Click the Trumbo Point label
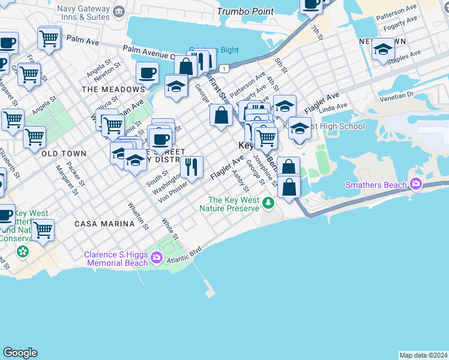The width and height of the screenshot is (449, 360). tap(245, 11)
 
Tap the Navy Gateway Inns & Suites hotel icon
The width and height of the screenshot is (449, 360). tap(118, 11)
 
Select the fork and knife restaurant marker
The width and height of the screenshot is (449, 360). tap(191, 167)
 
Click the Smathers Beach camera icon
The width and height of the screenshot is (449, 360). tap(415, 185)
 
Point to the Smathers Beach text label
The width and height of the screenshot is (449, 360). tap(376, 185)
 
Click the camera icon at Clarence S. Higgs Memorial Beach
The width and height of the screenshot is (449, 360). tap(157, 258)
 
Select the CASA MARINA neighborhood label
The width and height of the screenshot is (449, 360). tap(104, 224)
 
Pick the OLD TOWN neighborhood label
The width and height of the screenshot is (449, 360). tap(64, 154)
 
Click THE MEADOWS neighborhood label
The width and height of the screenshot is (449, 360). tap(113, 89)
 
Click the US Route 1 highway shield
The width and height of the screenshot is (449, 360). tap(223, 68)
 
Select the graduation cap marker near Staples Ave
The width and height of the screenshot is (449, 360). tap(382, 49)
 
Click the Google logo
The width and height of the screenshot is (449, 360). tap(20, 353)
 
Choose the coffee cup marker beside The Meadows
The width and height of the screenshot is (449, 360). tap(147, 74)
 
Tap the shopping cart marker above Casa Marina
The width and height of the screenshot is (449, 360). tap(43, 230)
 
